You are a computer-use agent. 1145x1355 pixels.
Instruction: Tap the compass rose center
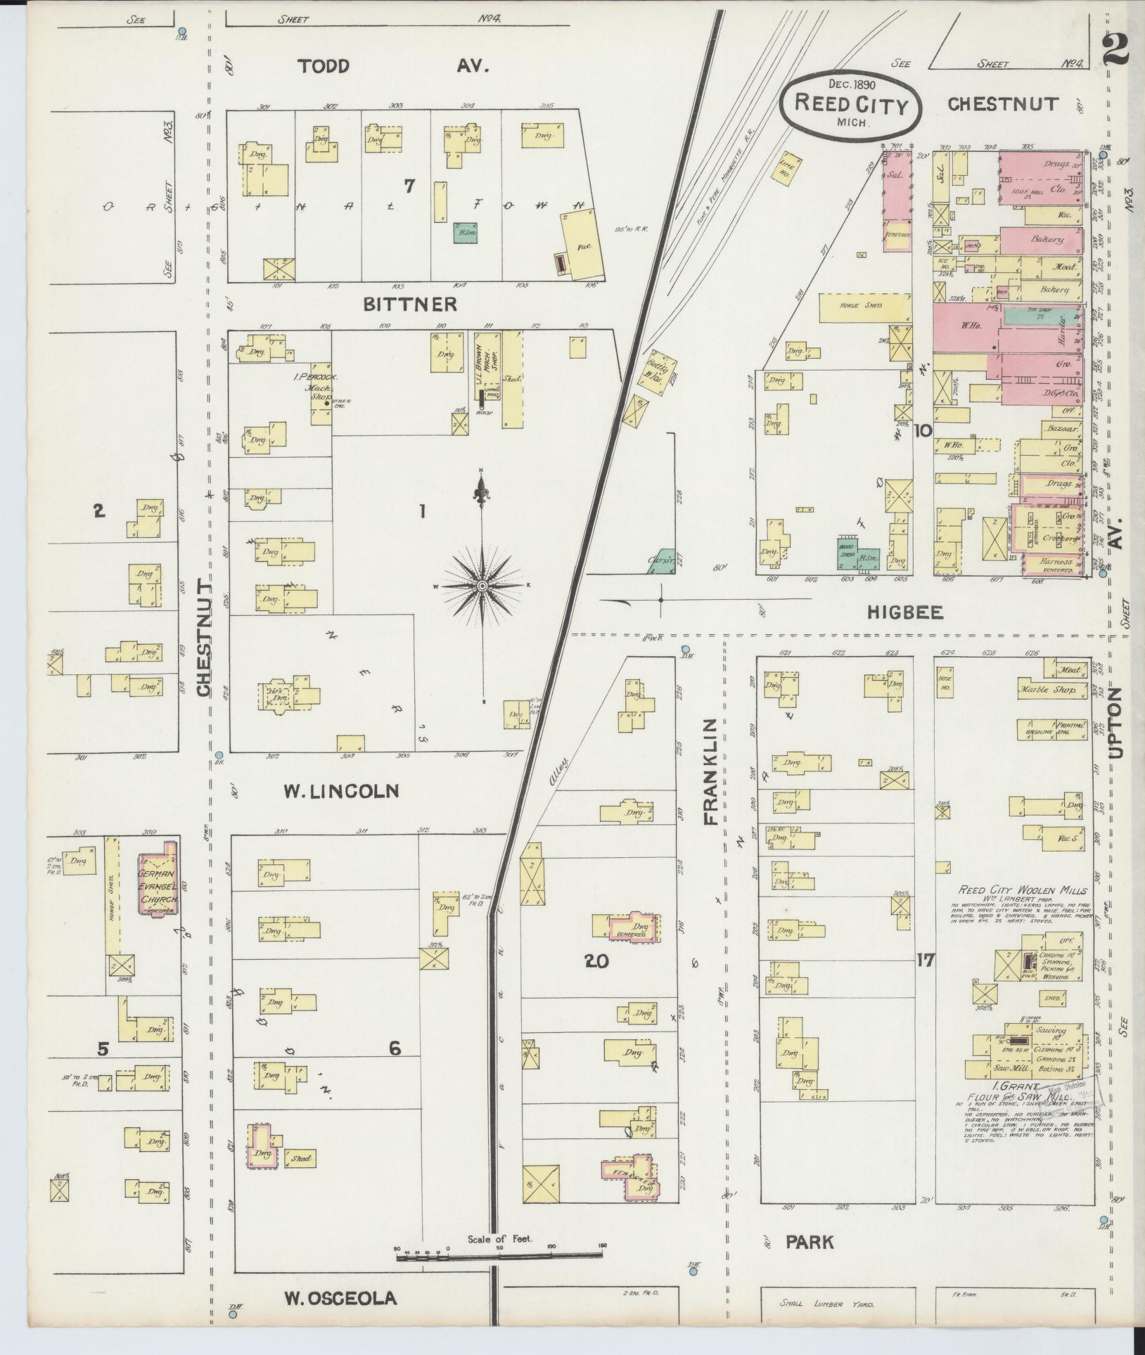(x=482, y=585)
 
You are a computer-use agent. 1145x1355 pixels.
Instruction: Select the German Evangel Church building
(x=158, y=878)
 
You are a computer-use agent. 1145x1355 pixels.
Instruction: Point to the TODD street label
(x=323, y=66)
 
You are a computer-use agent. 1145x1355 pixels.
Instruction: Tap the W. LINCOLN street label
(x=341, y=791)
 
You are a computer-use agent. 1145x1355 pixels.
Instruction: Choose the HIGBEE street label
(x=904, y=612)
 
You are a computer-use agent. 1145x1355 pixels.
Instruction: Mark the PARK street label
(x=810, y=1242)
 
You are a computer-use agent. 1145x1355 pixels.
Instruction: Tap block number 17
(x=925, y=959)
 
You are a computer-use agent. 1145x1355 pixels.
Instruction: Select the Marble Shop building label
(x=1047, y=691)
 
